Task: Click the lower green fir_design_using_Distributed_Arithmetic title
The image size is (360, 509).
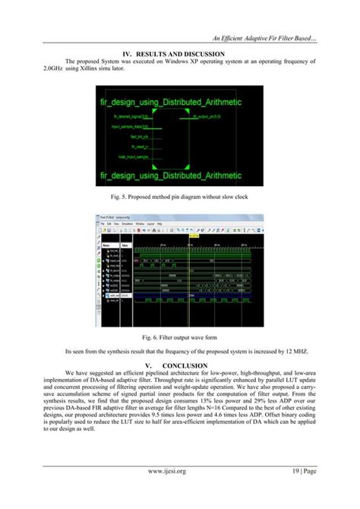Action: point(179,175)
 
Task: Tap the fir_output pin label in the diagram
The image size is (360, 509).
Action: point(207,116)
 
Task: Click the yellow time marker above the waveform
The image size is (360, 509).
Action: point(192,236)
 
